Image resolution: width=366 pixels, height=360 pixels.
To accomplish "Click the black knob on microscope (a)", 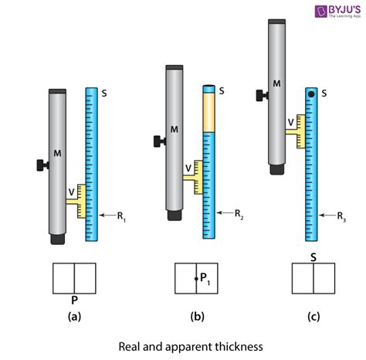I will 41,165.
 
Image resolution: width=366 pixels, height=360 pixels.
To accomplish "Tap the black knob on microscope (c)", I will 259,96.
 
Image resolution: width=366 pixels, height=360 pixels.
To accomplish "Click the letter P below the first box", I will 73,299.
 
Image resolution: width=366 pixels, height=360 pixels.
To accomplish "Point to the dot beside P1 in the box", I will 195,278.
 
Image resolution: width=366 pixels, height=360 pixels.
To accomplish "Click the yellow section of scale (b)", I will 208,113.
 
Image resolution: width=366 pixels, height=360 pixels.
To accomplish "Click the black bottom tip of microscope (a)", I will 57,239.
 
